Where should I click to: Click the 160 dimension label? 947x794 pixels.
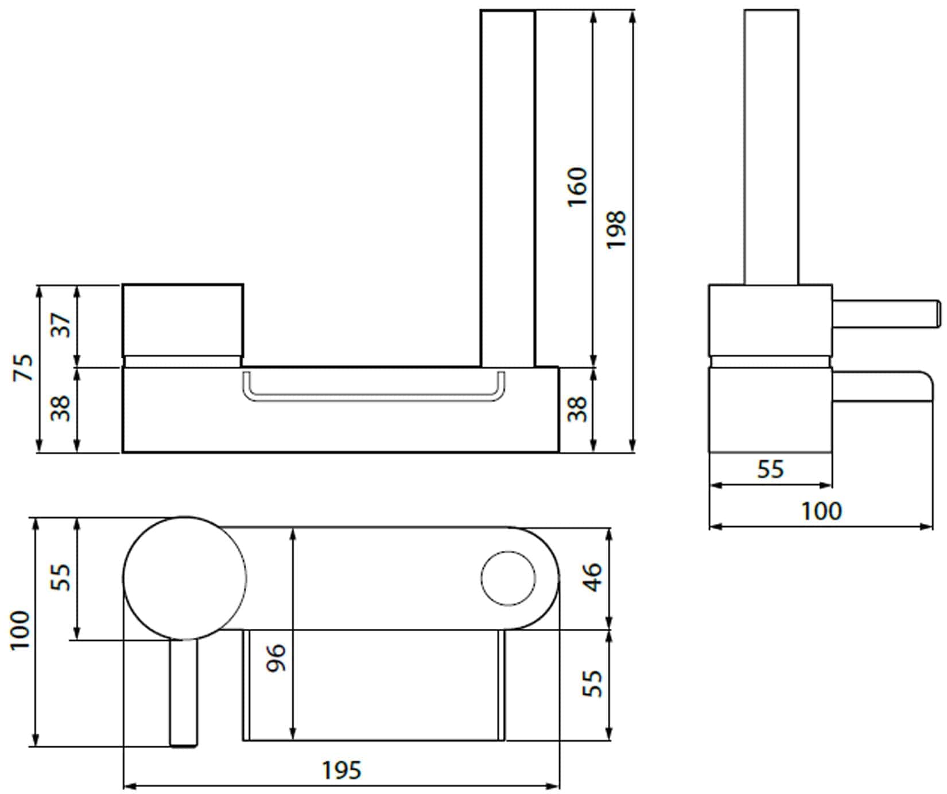click(577, 188)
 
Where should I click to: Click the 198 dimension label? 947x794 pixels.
click(616, 229)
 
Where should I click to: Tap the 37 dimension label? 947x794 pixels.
click(63, 325)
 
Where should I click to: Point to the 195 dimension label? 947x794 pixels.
click(341, 770)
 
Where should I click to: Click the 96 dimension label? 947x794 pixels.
click(276, 658)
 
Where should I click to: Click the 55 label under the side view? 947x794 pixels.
click(770, 470)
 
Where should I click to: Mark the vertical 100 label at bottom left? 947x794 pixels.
click(20, 630)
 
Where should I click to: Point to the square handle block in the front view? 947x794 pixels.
click(183, 320)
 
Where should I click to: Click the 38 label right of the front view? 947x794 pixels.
click(577, 408)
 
